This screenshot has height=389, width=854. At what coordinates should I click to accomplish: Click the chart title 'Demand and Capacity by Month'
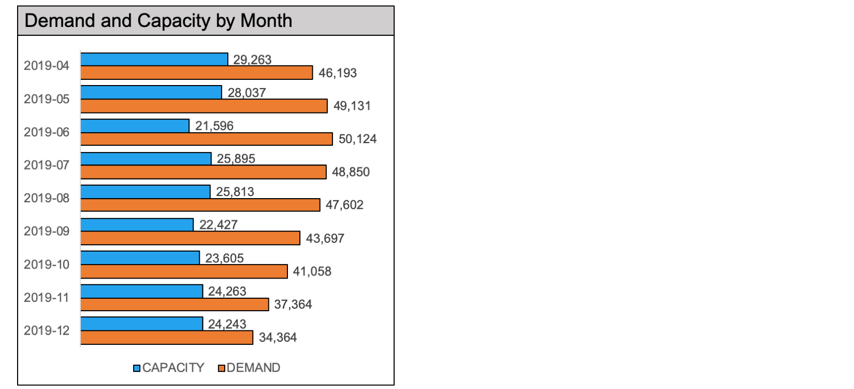coord(158,21)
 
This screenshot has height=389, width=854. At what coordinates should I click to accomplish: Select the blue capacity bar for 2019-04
coord(154,59)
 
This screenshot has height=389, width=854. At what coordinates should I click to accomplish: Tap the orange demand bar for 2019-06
coord(207,139)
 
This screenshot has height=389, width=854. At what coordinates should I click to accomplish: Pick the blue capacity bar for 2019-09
coord(137,225)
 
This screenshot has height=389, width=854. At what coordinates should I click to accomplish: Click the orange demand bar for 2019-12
coord(167,338)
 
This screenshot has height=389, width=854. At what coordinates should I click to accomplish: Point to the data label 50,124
coord(357,139)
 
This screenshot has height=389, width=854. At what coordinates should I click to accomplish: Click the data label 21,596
coord(214,126)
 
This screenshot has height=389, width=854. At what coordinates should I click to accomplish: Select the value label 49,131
coord(352,106)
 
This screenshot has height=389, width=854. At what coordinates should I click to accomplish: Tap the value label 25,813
coord(235,192)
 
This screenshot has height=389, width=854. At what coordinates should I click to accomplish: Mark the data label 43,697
coord(325,239)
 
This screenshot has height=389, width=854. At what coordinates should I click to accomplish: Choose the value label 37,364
coord(293,304)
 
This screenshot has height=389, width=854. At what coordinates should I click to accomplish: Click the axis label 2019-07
coord(47,165)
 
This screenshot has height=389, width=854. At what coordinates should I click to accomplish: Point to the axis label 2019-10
coord(47,265)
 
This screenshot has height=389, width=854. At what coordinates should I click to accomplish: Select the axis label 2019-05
coord(47,99)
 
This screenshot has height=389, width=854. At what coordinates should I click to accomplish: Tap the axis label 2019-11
coord(47,298)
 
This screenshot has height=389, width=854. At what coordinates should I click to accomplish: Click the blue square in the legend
coord(137,368)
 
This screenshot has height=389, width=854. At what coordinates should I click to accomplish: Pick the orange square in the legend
coord(221,368)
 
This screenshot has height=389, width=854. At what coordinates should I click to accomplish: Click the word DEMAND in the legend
coord(253,368)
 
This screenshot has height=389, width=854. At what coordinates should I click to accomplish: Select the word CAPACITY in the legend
coord(173,368)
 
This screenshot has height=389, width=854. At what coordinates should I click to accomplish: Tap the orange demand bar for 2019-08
coord(200,205)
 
